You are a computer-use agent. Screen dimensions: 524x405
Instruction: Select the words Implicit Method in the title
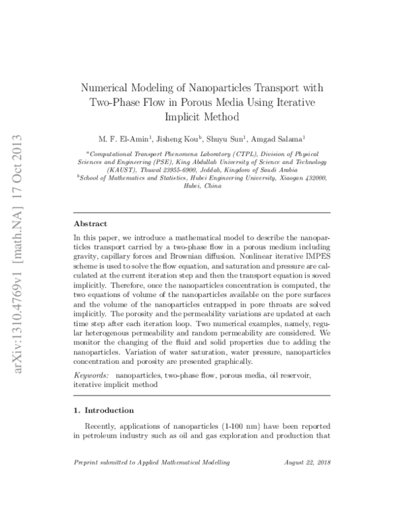(x=202, y=116)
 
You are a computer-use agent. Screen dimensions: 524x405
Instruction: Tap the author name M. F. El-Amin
(x=128, y=140)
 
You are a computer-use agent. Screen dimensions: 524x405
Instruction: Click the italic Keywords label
(x=92, y=373)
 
